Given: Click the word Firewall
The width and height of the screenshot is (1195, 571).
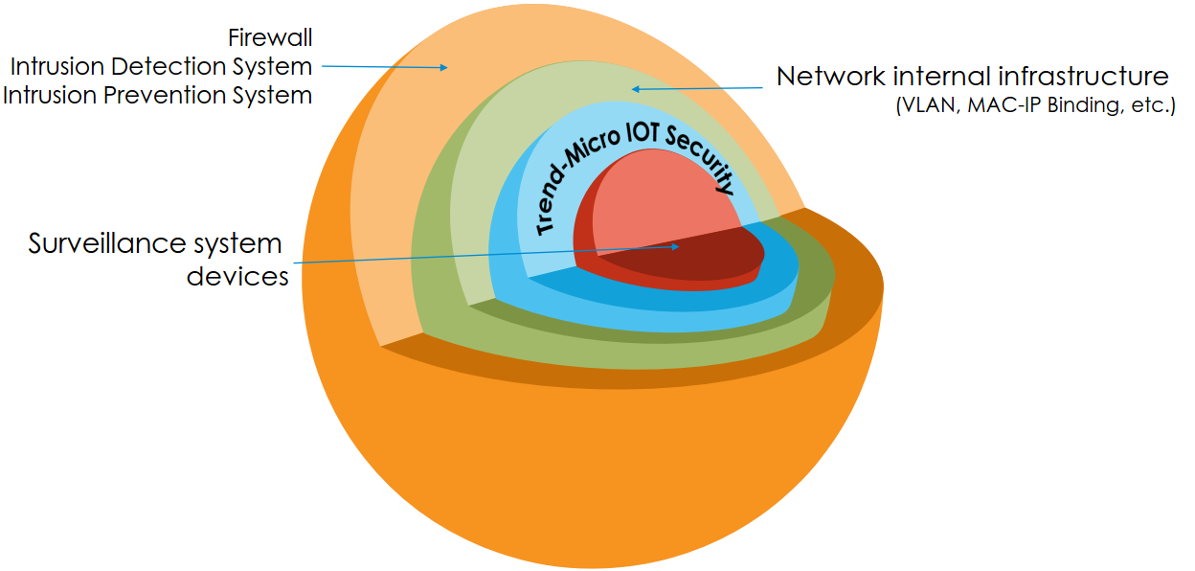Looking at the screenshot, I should tap(270, 38).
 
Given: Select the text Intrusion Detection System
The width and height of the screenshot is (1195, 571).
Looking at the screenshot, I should tap(161, 67).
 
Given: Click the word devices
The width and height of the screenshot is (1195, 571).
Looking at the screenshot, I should tap(237, 277).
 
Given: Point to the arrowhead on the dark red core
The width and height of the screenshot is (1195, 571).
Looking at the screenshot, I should tap(676, 246).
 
